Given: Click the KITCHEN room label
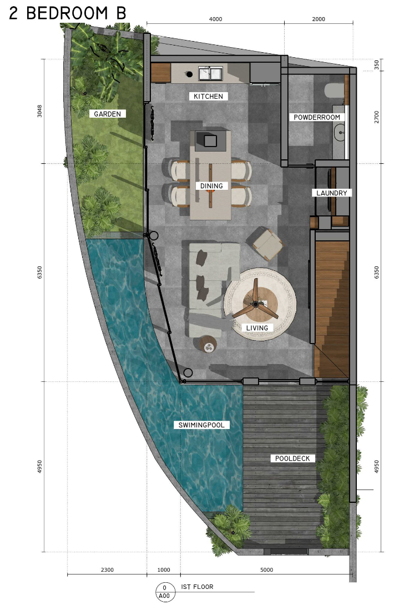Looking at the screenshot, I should coord(208,97).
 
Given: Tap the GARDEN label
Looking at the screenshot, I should coord(108,114).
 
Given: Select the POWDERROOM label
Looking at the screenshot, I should coord(317,117).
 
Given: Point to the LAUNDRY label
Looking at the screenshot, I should coord(332,193).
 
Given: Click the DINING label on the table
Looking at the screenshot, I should coord(211,186).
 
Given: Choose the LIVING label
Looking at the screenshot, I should coord(257,328).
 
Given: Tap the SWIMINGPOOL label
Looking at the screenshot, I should coord(201,425).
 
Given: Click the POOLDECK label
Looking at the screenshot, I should coord(292,458).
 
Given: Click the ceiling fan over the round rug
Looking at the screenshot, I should coord(256,303).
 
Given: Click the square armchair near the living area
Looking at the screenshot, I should coord(267,243).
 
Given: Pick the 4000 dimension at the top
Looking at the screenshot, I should coord(215,19).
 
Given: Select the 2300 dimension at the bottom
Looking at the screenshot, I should coord(107,569).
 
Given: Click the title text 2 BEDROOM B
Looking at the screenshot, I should coord(67,13).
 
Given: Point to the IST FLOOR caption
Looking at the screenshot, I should coord(196,587).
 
